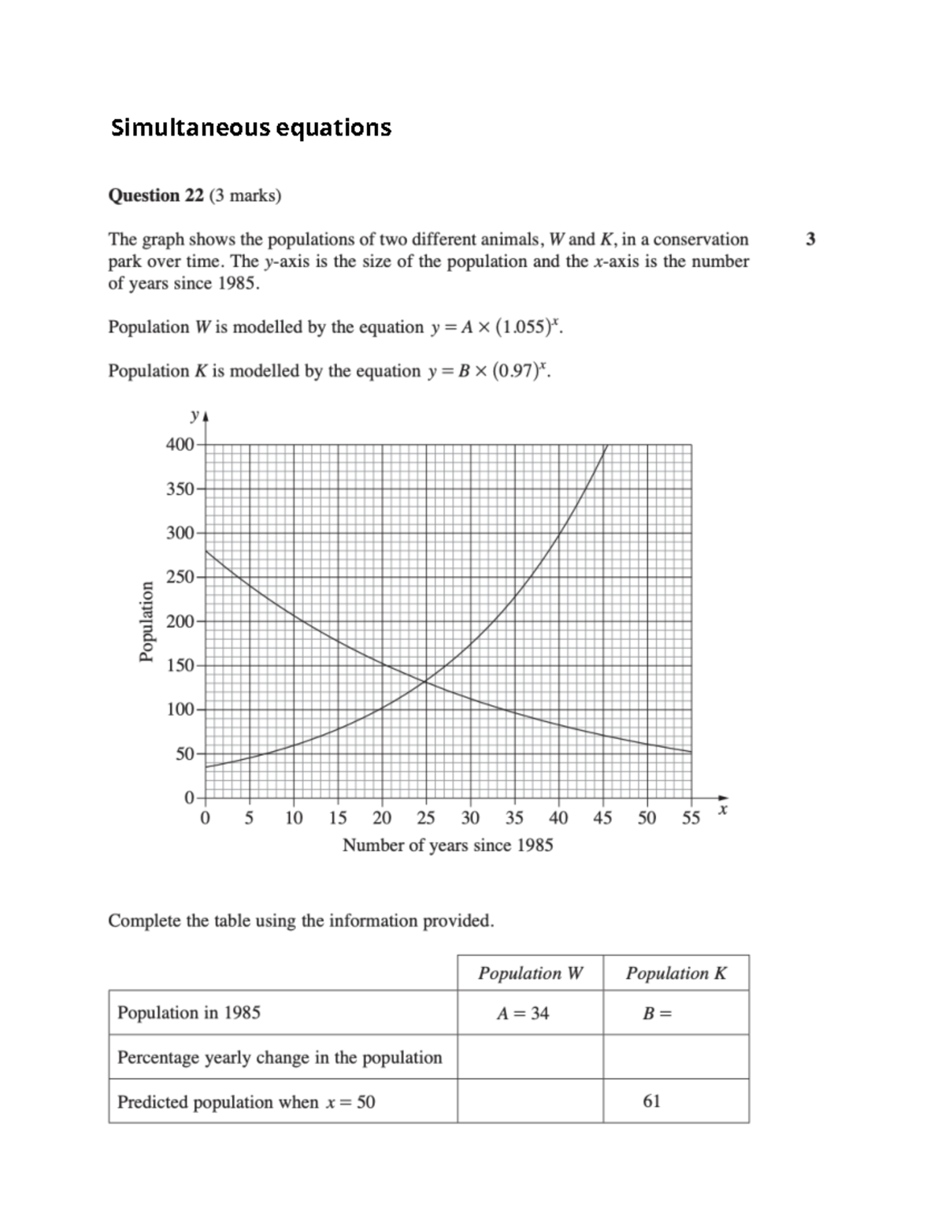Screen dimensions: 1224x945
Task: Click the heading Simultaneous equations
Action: pyautogui.click(x=250, y=128)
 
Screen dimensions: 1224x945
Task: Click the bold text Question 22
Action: pyautogui.click(x=155, y=195)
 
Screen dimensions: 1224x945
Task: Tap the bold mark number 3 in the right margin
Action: pyautogui.click(x=810, y=239)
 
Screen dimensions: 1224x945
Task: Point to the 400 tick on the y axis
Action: pyautogui.click(x=180, y=445)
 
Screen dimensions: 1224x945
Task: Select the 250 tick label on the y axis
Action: pyautogui.click(x=180, y=577)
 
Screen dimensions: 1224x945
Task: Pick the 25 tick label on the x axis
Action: pyautogui.click(x=426, y=818)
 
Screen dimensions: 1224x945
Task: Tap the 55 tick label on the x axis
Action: pyautogui.click(x=691, y=818)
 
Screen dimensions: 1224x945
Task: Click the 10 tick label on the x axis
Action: pyautogui.click(x=294, y=818)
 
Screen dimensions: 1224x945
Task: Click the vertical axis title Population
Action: pyautogui.click(x=146, y=621)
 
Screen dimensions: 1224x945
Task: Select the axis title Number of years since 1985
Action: pyautogui.click(x=447, y=845)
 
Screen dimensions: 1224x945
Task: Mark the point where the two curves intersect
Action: pyautogui.click(x=425, y=681)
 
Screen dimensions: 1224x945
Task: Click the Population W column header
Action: pyautogui.click(x=530, y=973)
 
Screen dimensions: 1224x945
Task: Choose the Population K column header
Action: pyautogui.click(x=676, y=973)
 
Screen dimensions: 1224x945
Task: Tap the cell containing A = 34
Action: pyautogui.click(x=522, y=1013)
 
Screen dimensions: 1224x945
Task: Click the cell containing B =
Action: pyautogui.click(x=658, y=1014)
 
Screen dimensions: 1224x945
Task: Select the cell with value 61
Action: pyautogui.click(x=651, y=1101)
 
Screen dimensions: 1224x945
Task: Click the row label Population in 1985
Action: pyautogui.click(x=188, y=1013)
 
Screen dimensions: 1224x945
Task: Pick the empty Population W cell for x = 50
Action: pyautogui.click(x=530, y=1101)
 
